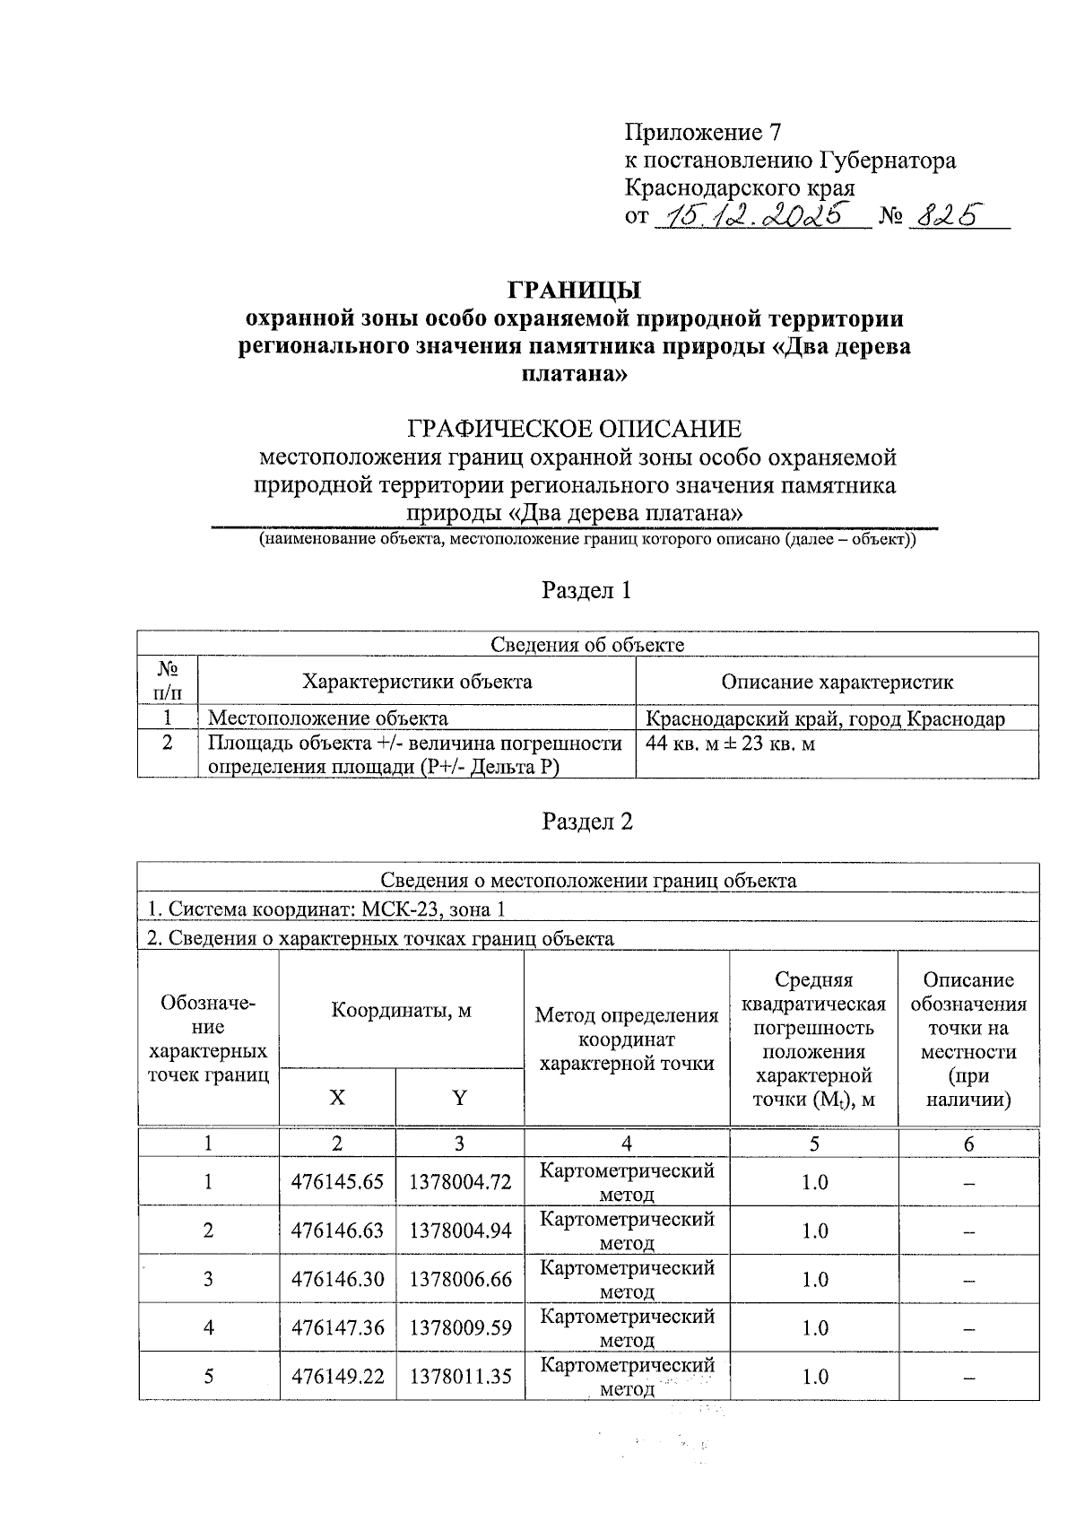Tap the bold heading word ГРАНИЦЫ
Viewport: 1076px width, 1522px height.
pyautogui.click(x=575, y=291)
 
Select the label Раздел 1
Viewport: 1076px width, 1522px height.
pyautogui.click(x=586, y=590)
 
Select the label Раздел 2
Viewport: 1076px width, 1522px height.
pyautogui.click(x=586, y=822)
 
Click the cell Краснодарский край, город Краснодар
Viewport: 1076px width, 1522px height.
pyautogui.click(x=826, y=718)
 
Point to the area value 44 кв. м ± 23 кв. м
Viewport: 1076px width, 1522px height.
pyautogui.click(x=730, y=744)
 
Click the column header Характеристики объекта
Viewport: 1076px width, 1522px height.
pyautogui.click(x=417, y=682)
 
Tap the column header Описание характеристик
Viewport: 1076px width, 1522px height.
pyautogui.click(x=837, y=682)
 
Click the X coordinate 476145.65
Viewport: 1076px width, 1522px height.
pyautogui.click(x=337, y=1182)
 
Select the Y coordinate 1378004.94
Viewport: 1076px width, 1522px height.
pyautogui.click(x=460, y=1231)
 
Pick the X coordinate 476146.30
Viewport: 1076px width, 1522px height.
pyautogui.click(x=337, y=1279)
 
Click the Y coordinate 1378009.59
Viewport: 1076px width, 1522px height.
pyautogui.click(x=460, y=1327)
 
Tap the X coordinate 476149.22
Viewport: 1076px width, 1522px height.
pyautogui.click(x=337, y=1376)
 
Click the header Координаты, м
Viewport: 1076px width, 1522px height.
pyautogui.click(x=401, y=1011)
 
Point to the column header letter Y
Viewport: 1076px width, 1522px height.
pyautogui.click(x=459, y=1098)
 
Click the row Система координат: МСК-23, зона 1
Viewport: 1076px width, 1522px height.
pyautogui.click(x=326, y=909)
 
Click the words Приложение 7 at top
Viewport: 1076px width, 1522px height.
pyautogui.click(x=703, y=133)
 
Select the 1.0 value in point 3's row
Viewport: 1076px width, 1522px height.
pyautogui.click(x=814, y=1279)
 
